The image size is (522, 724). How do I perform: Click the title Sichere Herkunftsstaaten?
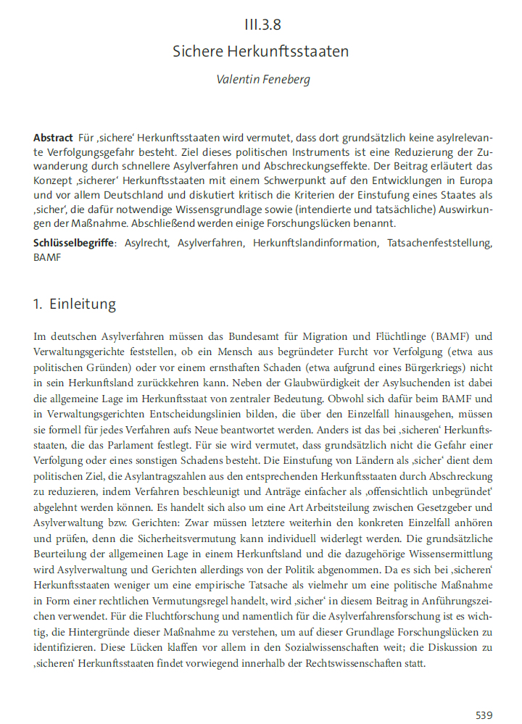[261, 51]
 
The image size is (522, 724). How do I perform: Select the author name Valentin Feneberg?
[263, 79]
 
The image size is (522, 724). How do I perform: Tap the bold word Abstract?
[53, 138]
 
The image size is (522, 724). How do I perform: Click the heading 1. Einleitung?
[75, 304]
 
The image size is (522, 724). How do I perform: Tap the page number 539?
[484, 715]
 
